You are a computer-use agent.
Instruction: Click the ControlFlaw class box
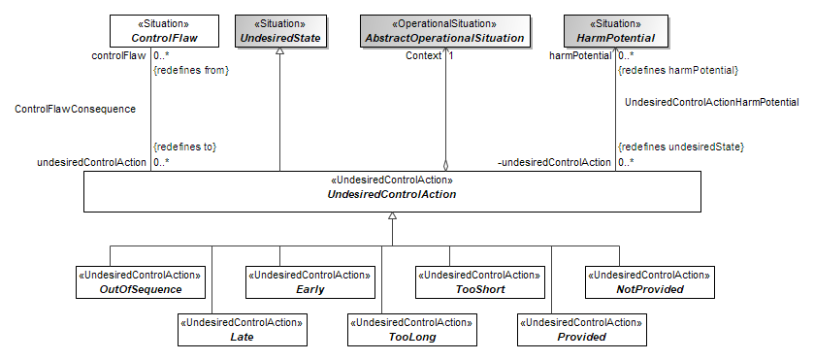coord(157,31)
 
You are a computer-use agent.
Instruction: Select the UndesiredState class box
coord(280,31)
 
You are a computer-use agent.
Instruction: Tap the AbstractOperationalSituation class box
coord(445,31)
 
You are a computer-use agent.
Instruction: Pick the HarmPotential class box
coord(616,31)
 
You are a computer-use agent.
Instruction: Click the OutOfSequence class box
coord(141,282)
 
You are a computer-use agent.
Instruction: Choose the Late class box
coord(243,330)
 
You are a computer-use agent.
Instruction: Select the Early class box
coord(309,282)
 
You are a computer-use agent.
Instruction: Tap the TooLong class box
coord(412,330)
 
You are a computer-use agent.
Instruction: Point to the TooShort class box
coord(479,282)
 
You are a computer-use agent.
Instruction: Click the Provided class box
coord(582,330)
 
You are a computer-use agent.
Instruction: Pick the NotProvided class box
coord(649,282)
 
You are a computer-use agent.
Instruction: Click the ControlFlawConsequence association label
coord(76,109)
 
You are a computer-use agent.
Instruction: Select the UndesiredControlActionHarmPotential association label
coord(712,102)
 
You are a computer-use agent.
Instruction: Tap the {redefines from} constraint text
coord(191,71)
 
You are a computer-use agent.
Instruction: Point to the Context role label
coord(423,55)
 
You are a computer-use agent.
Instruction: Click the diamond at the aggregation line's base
coord(445,166)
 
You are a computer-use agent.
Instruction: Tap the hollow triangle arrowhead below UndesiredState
coord(280,51)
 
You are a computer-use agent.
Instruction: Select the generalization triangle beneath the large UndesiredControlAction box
coord(393,216)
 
